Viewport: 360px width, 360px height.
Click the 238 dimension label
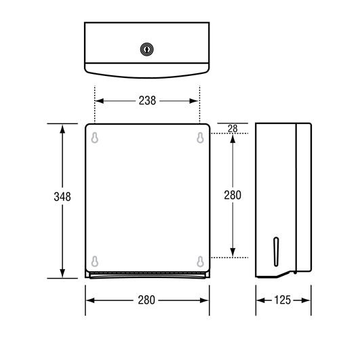pos(146,101)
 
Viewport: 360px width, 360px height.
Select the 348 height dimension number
pos(62,197)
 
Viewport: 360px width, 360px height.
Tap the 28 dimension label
pos(233,128)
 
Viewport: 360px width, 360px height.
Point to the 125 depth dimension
pos(283,300)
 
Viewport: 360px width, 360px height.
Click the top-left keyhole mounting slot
pos(95,138)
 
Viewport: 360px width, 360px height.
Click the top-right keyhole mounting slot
pos(199,138)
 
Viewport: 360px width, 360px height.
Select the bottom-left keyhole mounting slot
pos(95,260)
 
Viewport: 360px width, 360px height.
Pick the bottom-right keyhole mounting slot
pos(199,260)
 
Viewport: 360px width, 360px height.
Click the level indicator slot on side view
pos(275,250)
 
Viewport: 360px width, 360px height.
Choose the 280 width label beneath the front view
pos(147,300)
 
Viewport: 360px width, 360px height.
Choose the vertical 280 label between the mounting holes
pos(233,195)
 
